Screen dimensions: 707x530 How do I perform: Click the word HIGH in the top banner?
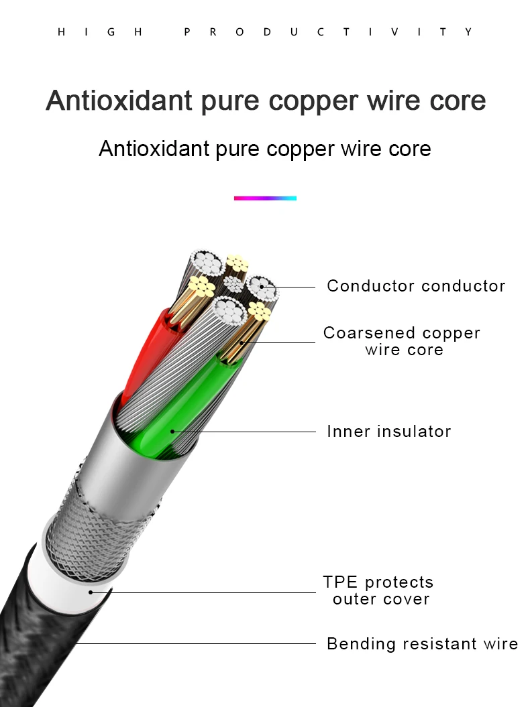pyautogui.click(x=101, y=32)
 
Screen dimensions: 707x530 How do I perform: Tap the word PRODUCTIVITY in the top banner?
pyautogui.click(x=328, y=32)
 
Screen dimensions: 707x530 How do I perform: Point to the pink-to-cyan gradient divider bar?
pyautogui.click(x=265, y=198)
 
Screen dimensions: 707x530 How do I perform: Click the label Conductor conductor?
pyautogui.click(x=416, y=286)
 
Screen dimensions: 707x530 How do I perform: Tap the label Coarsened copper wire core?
pyautogui.click(x=402, y=341)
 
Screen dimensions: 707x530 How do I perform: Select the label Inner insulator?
pyautogui.click(x=388, y=432)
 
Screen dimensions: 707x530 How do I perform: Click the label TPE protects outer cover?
pyautogui.click(x=378, y=590)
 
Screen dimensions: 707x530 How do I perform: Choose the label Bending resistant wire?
pyautogui.click(x=422, y=644)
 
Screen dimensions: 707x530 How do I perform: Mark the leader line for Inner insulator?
pyautogui.click(x=248, y=432)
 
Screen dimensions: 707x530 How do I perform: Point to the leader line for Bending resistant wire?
pyautogui.click(x=201, y=644)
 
